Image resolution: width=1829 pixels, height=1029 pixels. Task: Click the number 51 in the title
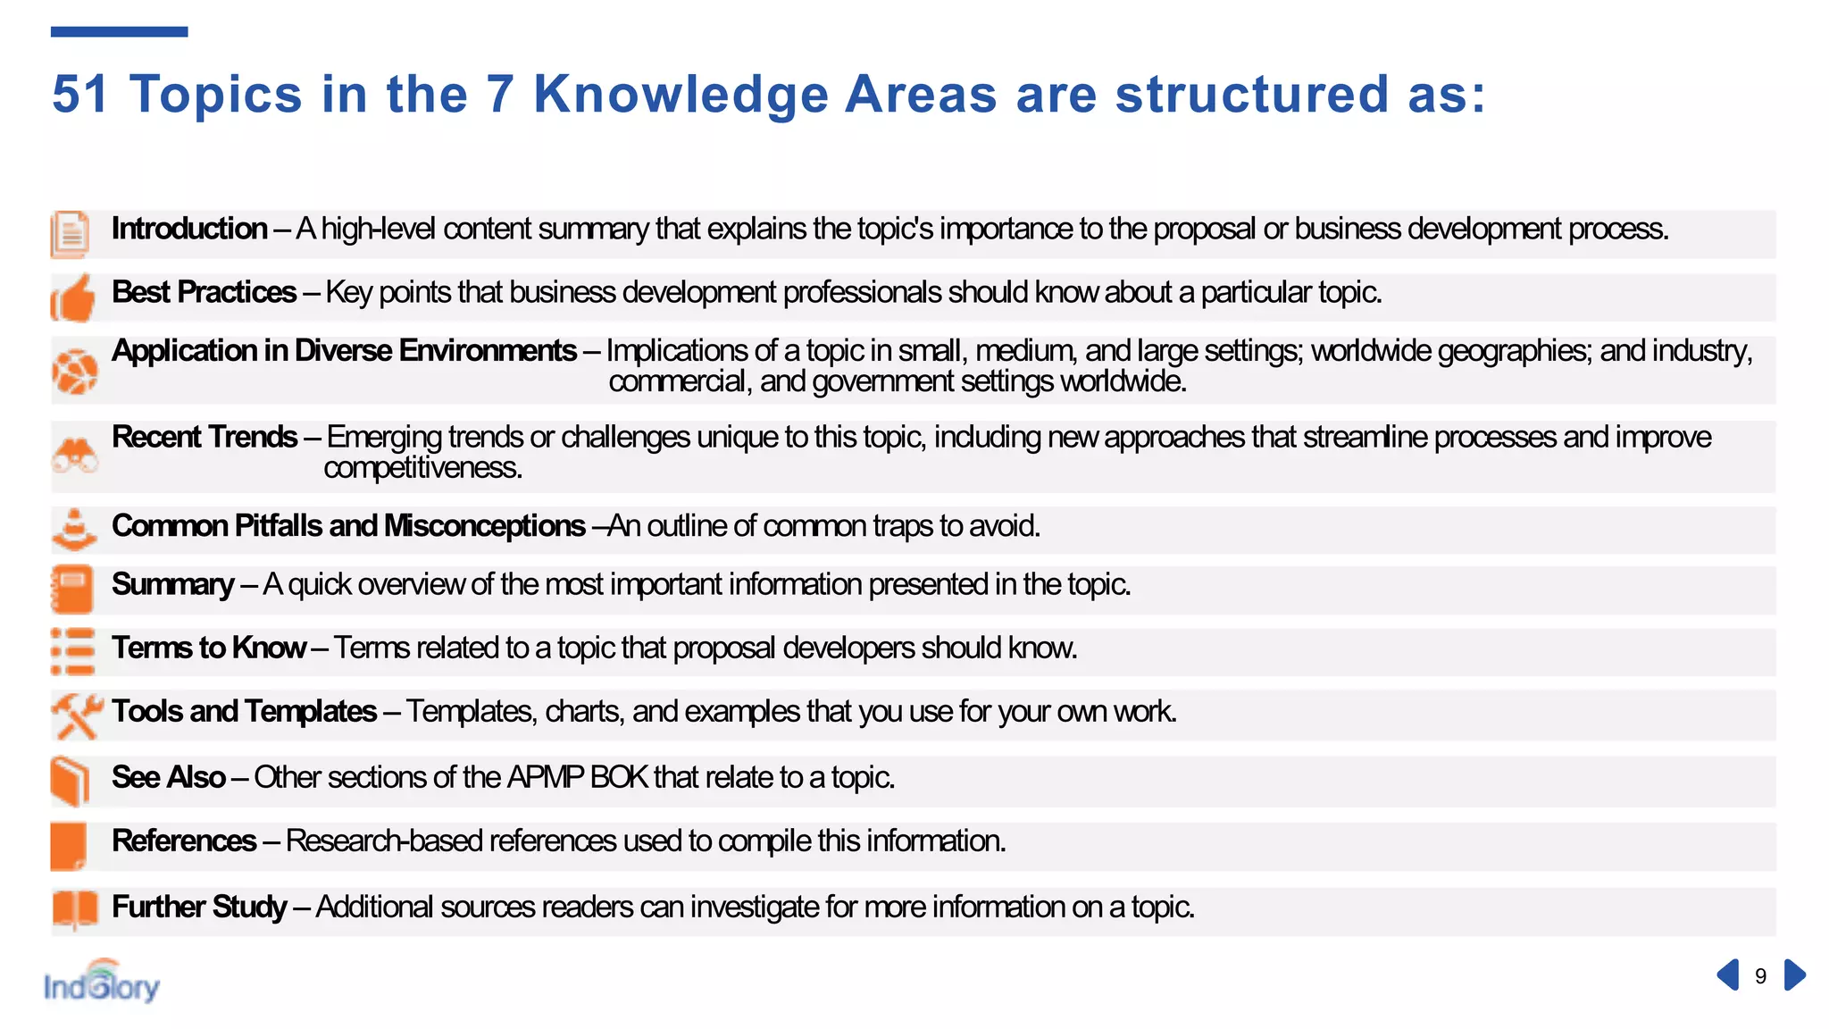[x=79, y=94]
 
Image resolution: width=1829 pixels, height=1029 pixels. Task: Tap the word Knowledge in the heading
[x=681, y=94]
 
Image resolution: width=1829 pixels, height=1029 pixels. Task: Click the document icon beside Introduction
[x=70, y=234]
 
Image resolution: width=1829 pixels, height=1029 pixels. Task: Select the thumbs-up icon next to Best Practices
[x=73, y=297]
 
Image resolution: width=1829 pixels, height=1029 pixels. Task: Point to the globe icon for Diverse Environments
[x=74, y=371]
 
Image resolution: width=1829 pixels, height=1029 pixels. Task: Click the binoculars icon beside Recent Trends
[x=74, y=456]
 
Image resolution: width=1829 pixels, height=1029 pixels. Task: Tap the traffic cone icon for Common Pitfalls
[x=74, y=530]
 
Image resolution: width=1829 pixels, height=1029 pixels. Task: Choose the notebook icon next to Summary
[x=72, y=590]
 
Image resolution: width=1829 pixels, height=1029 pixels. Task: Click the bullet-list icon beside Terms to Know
[x=72, y=651]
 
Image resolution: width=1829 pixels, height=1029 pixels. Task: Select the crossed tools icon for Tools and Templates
[x=76, y=715]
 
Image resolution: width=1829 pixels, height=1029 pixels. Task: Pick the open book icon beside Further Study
[x=74, y=910]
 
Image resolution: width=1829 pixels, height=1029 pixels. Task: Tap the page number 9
[x=1760, y=976]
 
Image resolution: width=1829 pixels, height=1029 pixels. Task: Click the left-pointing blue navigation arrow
[x=1728, y=975]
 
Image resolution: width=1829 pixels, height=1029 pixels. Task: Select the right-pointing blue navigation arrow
[x=1794, y=975]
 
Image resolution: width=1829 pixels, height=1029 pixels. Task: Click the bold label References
[x=184, y=841]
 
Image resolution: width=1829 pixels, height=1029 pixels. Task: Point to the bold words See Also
[x=169, y=777]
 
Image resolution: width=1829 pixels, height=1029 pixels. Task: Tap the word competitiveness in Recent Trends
[x=422, y=468]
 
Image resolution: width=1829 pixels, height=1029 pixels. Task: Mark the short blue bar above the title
[x=119, y=32]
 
